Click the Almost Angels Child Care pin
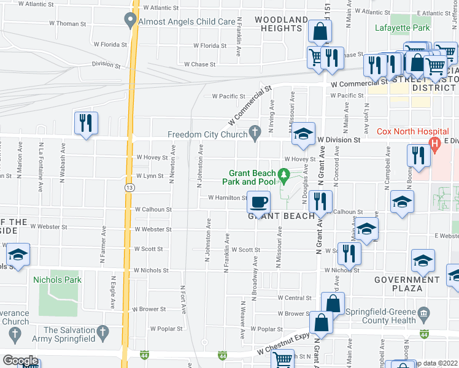pyautogui.click(x=129, y=21)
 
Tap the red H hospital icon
pyautogui.click(x=435, y=146)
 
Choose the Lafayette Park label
pyautogui.click(x=403, y=28)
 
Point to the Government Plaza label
pyautogui.click(x=407, y=284)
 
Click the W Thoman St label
pyautogui.click(x=68, y=23)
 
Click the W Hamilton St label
pyautogui.click(x=227, y=197)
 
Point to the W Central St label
pyautogui.click(x=295, y=298)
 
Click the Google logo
pyautogui.click(x=20, y=361)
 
